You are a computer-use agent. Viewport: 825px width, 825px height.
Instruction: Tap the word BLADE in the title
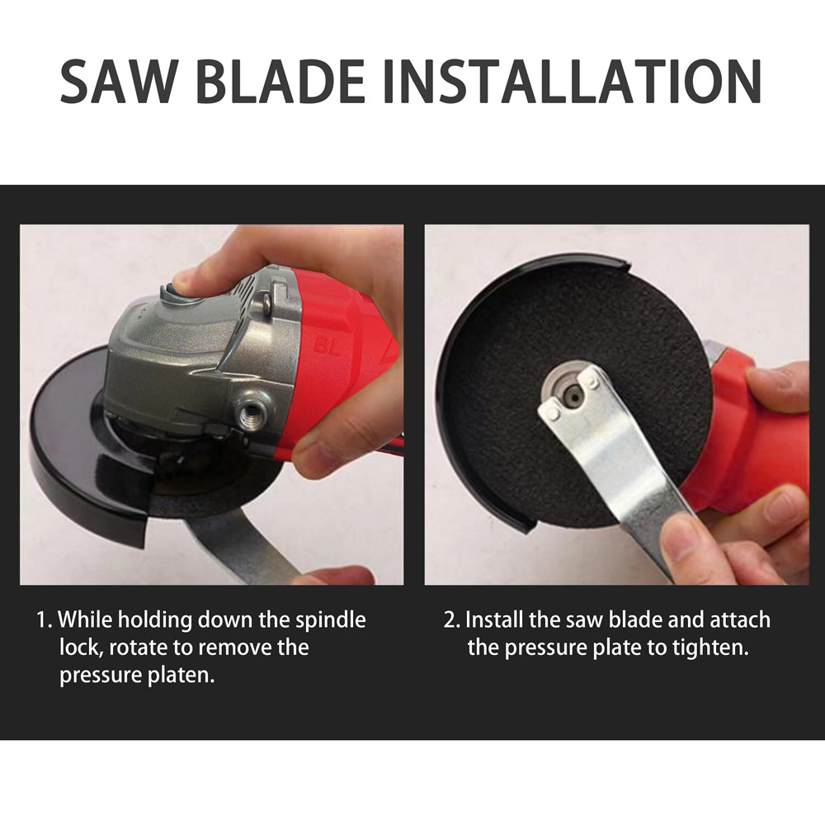(x=280, y=81)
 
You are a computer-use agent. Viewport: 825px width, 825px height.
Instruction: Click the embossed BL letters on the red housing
(x=327, y=346)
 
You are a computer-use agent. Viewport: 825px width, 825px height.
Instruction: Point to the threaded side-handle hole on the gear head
(x=251, y=413)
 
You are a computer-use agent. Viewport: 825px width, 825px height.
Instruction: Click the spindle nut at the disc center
(x=572, y=394)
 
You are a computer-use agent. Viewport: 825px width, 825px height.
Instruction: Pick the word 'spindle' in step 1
(x=330, y=620)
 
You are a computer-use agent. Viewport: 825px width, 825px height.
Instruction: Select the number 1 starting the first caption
(x=43, y=620)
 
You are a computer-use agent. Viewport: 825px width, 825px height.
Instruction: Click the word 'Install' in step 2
(x=494, y=620)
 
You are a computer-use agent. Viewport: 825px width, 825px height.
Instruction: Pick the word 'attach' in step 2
(x=740, y=620)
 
